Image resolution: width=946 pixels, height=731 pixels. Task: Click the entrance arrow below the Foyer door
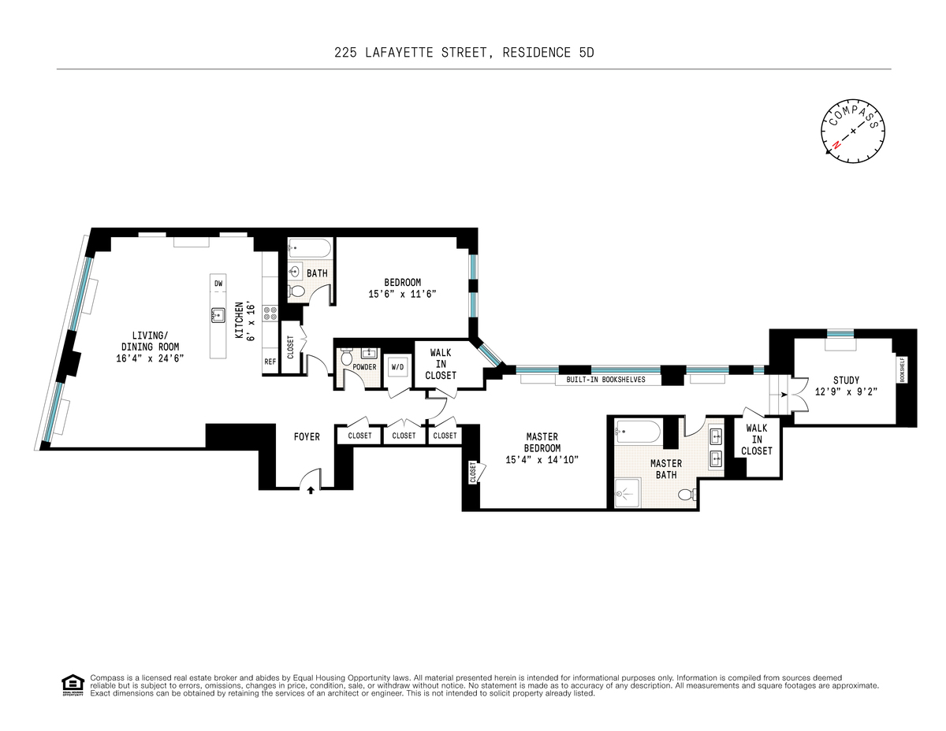tap(311, 491)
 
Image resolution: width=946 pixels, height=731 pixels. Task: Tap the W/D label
tap(397, 367)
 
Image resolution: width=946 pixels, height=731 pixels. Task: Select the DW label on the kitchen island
tap(218, 284)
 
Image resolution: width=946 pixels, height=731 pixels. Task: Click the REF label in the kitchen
tap(270, 362)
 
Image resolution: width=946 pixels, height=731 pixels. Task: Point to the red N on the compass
tap(836, 145)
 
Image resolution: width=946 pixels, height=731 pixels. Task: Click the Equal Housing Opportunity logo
tap(73, 685)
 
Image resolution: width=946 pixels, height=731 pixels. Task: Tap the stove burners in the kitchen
tap(270, 313)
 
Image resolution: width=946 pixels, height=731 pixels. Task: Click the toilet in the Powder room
tap(347, 357)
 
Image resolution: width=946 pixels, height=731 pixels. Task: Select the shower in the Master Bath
tap(628, 492)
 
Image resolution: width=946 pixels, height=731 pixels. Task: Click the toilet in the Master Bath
tap(687, 495)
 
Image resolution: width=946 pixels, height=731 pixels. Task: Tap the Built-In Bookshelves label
tap(605, 380)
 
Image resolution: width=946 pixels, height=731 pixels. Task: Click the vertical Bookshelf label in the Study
tap(902, 370)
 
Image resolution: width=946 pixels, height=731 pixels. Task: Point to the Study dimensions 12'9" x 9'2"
tap(846, 391)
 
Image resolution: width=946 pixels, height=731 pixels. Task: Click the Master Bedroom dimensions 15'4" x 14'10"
tap(542, 460)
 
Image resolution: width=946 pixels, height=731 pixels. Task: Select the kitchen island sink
tap(218, 315)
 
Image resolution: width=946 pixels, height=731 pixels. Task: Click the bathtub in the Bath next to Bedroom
tap(310, 248)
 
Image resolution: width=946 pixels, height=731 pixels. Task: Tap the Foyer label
tap(307, 436)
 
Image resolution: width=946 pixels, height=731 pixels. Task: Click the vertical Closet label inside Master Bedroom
tap(473, 473)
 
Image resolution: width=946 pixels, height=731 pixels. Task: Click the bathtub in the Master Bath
tap(639, 432)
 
